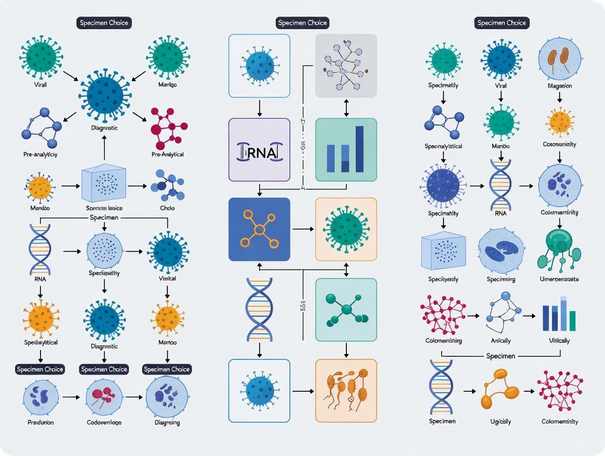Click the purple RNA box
click(259, 150)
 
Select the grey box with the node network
click(346, 66)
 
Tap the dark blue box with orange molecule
click(259, 229)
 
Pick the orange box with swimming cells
click(346, 391)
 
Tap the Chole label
click(167, 209)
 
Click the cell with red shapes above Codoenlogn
click(103, 397)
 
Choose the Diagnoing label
click(167, 423)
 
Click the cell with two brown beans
click(559, 59)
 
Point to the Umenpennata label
click(559, 279)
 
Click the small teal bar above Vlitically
click(572, 321)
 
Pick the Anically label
click(501, 340)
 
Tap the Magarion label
click(559, 86)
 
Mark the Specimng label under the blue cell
click(501, 279)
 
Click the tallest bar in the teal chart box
click(359, 149)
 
